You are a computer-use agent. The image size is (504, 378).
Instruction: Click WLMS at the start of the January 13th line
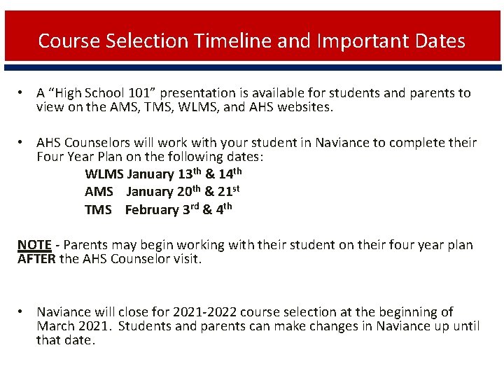[x=104, y=174]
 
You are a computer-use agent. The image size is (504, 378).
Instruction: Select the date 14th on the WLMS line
[x=230, y=174]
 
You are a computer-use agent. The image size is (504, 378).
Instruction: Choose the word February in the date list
[x=152, y=209]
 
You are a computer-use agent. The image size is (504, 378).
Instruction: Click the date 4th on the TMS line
[x=223, y=209]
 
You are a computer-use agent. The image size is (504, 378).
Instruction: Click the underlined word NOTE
[x=34, y=245]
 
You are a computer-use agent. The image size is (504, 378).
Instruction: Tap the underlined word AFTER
[x=36, y=259]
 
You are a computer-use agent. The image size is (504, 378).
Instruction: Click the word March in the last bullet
[x=56, y=326]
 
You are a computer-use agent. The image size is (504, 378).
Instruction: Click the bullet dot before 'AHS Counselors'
[x=22, y=143]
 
